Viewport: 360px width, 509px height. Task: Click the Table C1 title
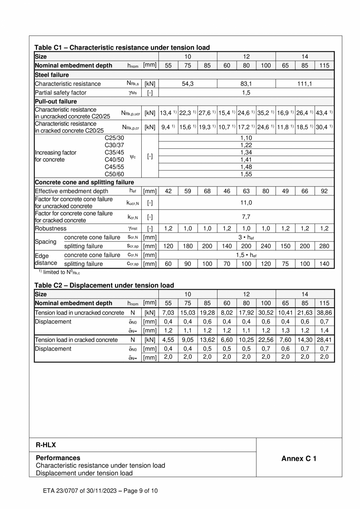click(x=122, y=47)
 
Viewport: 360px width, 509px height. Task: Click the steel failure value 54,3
click(x=188, y=84)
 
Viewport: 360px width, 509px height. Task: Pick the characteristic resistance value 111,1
click(x=305, y=84)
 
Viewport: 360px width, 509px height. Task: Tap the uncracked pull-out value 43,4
click(x=323, y=113)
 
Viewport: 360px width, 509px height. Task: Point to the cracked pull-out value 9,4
click(x=166, y=127)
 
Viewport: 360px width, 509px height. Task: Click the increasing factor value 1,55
click(x=246, y=174)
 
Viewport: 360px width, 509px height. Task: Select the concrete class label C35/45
click(x=114, y=152)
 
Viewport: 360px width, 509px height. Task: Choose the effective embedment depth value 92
click(x=324, y=191)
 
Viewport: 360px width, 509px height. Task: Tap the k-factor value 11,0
click(x=246, y=202)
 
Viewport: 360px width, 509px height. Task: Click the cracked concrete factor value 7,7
click(x=246, y=217)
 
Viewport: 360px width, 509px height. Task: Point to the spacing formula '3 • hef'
click(x=246, y=237)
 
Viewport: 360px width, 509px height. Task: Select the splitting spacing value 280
click(x=324, y=246)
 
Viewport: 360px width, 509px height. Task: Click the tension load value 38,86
click(x=324, y=312)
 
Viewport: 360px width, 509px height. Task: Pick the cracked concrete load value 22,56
click(x=266, y=340)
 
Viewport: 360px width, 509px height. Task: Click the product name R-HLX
click(x=43, y=445)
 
